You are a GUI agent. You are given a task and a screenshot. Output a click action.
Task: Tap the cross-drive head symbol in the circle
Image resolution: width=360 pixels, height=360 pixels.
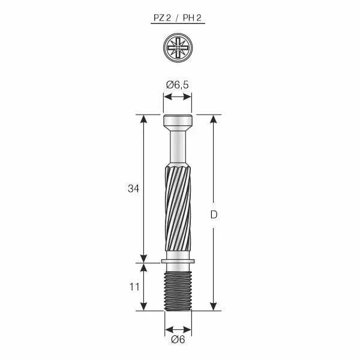(178, 47)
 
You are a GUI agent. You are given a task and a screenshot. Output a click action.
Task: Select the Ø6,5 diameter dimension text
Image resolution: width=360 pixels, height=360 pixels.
(178, 85)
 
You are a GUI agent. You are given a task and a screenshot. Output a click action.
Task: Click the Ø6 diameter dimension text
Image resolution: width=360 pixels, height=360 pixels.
(178, 340)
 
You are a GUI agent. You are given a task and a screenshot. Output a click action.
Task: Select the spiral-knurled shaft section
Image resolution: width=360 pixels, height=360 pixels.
(178, 210)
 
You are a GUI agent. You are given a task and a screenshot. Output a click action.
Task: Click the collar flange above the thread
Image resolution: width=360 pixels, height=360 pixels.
(178, 261)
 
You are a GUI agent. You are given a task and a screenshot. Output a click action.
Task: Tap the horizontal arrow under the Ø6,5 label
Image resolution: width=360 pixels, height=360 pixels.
(178, 98)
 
